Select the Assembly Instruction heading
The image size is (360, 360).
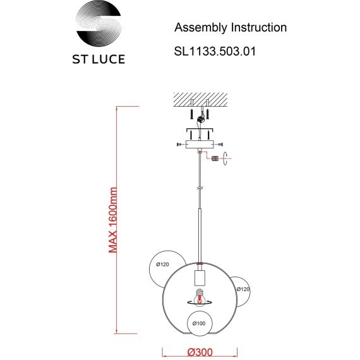(x=230, y=28)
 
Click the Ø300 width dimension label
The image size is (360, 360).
(x=200, y=351)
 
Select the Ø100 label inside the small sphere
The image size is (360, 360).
(x=200, y=324)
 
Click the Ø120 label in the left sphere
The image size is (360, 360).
(x=163, y=264)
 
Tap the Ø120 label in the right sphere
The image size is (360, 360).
(x=243, y=289)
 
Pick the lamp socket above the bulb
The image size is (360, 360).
(x=200, y=277)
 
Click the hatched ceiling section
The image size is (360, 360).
(x=200, y=99)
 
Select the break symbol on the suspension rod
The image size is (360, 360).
(x=200, y=188)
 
